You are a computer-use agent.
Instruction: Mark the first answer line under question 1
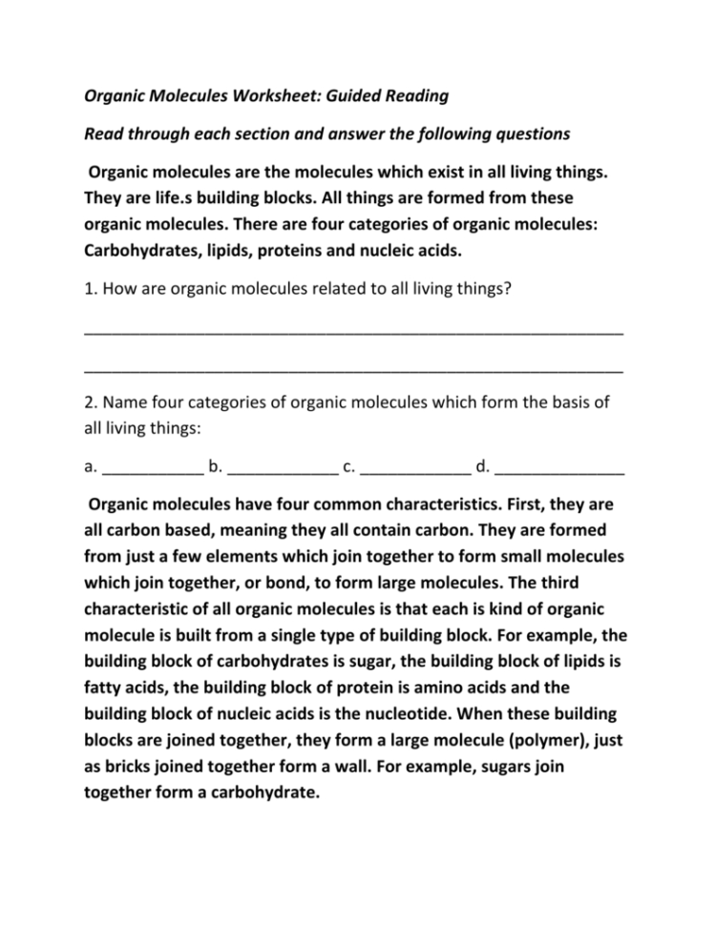[353, 331]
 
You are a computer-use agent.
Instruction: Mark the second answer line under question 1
[353, 369]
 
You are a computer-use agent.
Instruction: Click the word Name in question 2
[127, 404]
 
